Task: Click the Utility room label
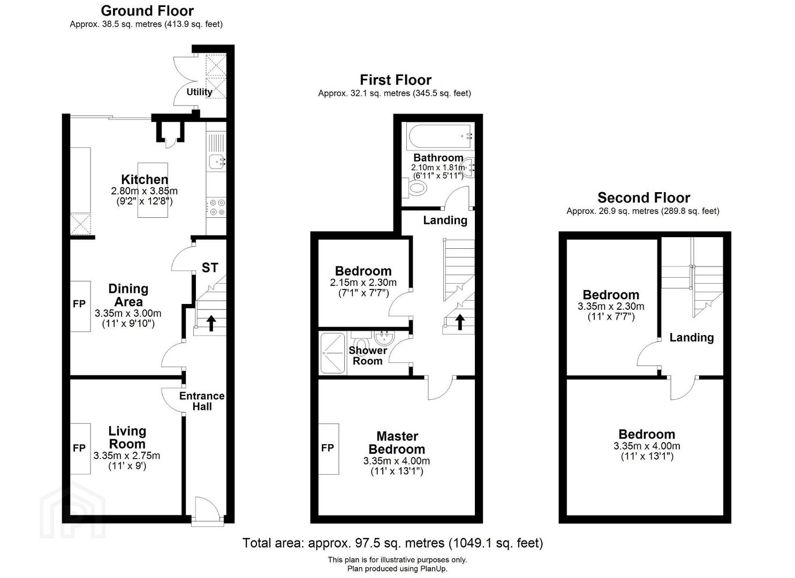pos(199,92)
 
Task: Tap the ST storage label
pos(210,268)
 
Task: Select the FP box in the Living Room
pos(80,449)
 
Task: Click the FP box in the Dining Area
pos(80,307)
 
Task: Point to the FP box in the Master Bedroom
pos(328,449)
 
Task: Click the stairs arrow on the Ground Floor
pos(211,323)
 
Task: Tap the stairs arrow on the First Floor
pos(460,322)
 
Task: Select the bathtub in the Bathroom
pos(440,136)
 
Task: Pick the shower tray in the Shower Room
pos(332,353)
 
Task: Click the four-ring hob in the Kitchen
pos(217,208)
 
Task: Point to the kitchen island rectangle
pos(153,190)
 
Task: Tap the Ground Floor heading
pos(147,11)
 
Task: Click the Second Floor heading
pos(643,197)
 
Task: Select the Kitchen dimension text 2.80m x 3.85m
pos(144,191)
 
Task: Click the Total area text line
pos(392,543)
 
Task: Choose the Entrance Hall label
pos(202,401)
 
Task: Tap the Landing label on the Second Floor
pos(691,337)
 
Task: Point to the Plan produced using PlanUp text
pos(397,569)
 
